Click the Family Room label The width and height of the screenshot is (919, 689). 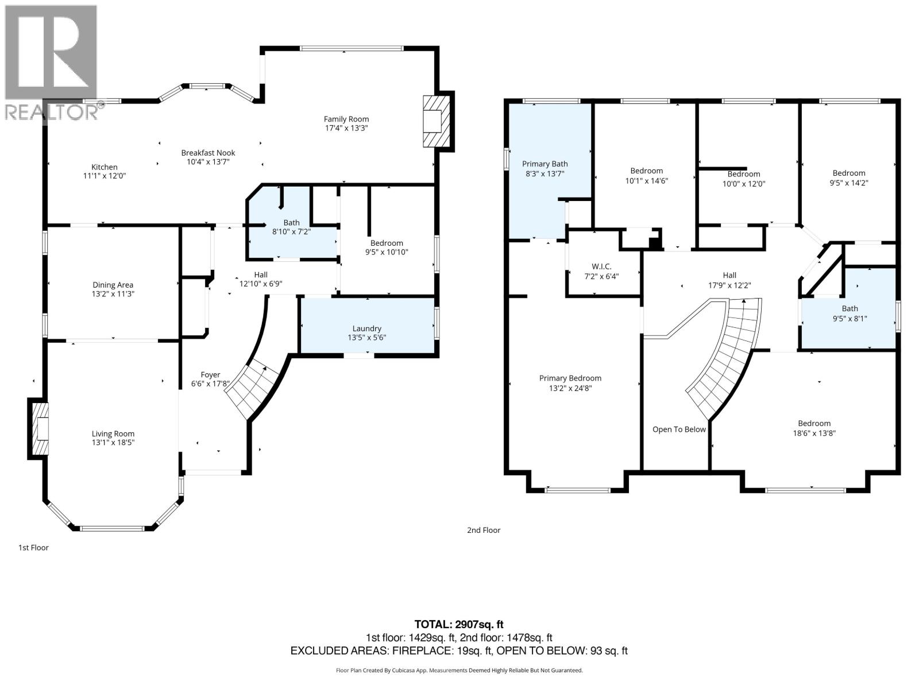346,119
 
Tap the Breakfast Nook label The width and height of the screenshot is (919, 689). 208,153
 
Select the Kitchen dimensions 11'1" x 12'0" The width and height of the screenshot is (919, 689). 105,176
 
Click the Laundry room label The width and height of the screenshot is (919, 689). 367,329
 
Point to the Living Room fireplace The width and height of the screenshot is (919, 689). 38,429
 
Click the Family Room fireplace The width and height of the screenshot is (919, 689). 438,121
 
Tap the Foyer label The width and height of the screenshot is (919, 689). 210,375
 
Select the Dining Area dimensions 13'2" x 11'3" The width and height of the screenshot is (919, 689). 113,294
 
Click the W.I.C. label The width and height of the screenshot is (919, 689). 601,266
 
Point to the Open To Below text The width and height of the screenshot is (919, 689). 679,429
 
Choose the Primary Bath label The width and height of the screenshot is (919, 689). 545,164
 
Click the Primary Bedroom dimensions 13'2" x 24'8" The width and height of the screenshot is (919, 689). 570,388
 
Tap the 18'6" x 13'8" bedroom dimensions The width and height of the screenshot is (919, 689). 814,433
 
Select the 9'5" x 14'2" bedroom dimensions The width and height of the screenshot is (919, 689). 849,183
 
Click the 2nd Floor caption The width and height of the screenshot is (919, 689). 484,530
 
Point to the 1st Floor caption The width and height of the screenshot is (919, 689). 33,548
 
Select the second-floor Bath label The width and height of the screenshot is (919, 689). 850,308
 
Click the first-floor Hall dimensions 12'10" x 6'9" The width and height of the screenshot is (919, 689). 261,284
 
